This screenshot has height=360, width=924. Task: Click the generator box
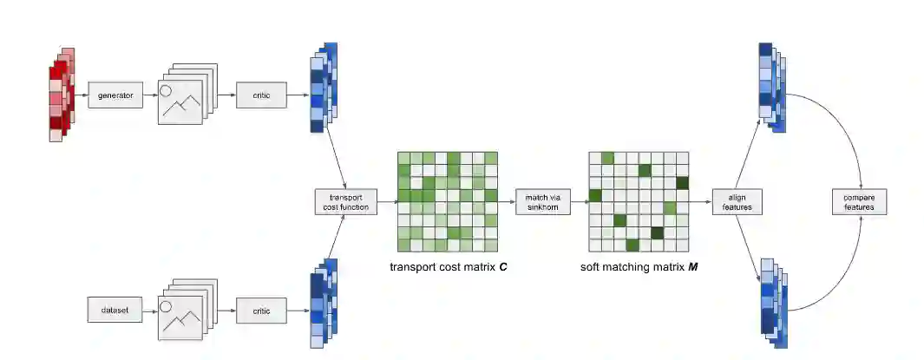[x=115, y=95]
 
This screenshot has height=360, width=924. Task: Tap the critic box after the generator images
[x=261, y=95]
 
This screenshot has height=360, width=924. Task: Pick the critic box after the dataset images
[x=261, y=310]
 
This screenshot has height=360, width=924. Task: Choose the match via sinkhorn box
[x=542, y=201]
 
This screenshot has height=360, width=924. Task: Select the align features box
[x=737, y=202]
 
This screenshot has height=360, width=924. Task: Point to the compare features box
[x=859, y=202]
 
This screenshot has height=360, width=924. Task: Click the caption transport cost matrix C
[x=448, y=267]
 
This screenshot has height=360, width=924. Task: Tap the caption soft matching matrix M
[x=639, y=267]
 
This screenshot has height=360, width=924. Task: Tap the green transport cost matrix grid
[x=448, y=201]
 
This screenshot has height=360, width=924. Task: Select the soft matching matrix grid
[x=639, y=201]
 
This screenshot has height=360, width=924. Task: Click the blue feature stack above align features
[x=771, y=87]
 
